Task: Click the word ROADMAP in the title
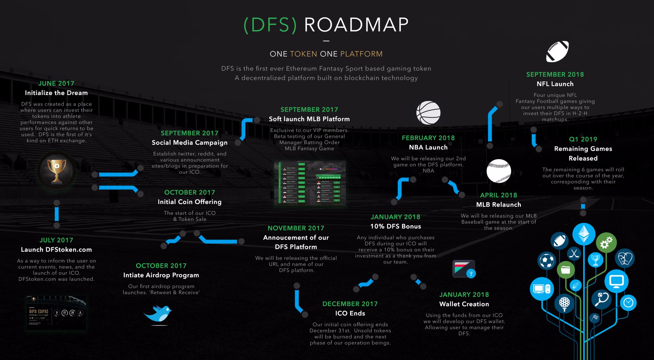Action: pyautogui.click(x=356, y=25)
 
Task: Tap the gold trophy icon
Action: pyautogui.click(x=57, y=171)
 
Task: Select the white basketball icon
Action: pyautogui.click(x=428, y=113)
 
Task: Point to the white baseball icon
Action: pyautogui.click(x=498, y=171)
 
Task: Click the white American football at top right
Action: pyautogui.click(x=557, y=51)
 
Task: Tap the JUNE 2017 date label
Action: pyautogui.click(x=56, y=83)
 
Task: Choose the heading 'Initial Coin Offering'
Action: pyautogui.click(x=189, y=202)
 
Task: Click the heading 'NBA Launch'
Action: pyautogui.click(x=428, y=147)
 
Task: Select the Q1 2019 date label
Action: pyautogui.click(x=583, y=139)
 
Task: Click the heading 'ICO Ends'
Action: pyautogui.click(x=350, y=313)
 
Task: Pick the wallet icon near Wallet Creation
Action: pyautogui.click(x=464, y=269)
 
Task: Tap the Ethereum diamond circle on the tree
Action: pyautogui.click(x=584, y=234)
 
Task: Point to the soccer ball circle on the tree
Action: pyautogui.click(x=547, y=261)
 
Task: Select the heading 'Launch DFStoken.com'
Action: pyautogui.click(x=56, y=250)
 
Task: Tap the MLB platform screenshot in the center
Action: pyautogui.click(x=309, y=183)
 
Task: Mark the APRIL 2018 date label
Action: pyautogui.click(x=498, y=195)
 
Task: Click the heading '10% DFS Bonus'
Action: pyautogui.click(x=395, y=226)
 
